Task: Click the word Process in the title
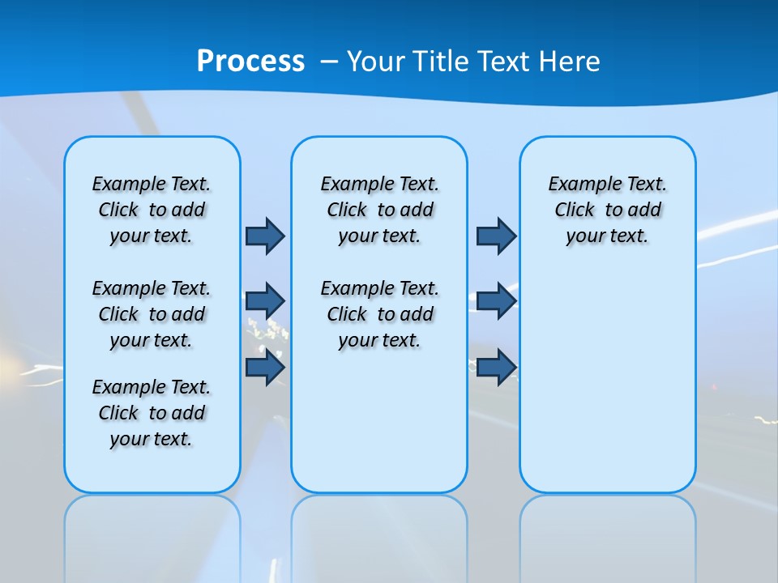tap(250, 62)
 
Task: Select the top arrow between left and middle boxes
tap(265, 236)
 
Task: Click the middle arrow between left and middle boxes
tap(265, 301)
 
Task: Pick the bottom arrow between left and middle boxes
tap(265, 368)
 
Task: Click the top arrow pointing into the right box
tap(496, 236)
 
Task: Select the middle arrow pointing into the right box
tap(496, 301)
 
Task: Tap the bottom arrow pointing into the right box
tap(496, 368)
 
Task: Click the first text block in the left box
tap(152, 210)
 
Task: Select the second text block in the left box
tap(152, 314)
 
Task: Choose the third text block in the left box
tap(152, 413)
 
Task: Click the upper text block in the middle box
tap(379, 210)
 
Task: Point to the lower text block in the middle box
tap(379, 314)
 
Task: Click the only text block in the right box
tap(607, 210)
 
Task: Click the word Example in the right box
tap(580, 185)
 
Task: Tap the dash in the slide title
tap(329, 62)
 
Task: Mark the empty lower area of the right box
tap(607, 389)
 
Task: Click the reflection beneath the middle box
tap(379, 534)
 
